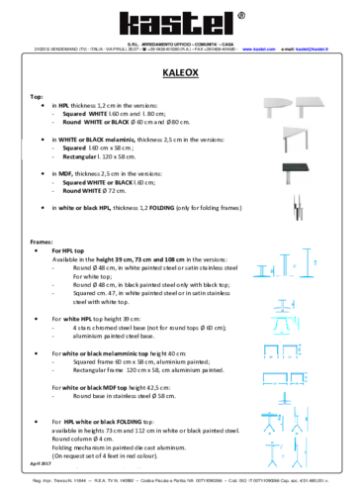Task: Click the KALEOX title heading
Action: tap(179, 73)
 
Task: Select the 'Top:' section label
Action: tap(37, 96)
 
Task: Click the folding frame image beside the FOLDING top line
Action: tap(296, 210)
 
